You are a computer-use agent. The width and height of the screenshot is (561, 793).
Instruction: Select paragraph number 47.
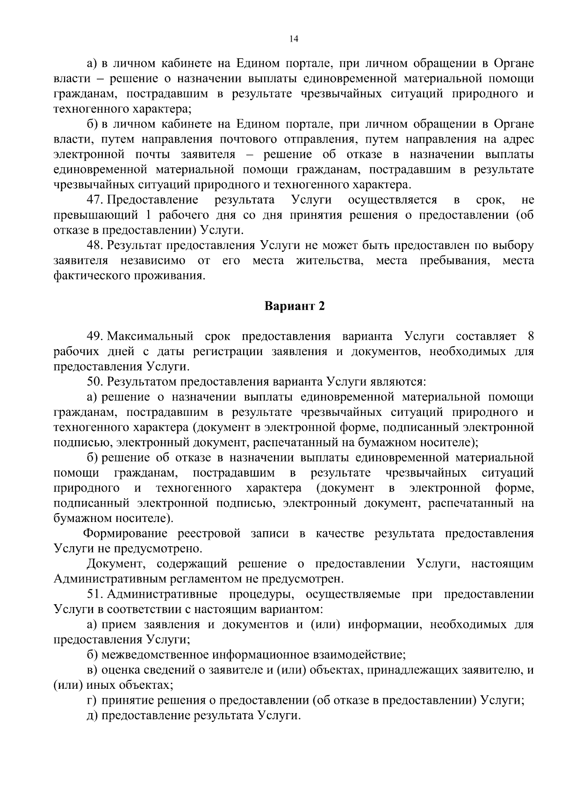[94, 200]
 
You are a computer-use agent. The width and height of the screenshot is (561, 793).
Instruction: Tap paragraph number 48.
[94, 245]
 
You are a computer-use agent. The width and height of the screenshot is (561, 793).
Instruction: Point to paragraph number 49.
[94, 336]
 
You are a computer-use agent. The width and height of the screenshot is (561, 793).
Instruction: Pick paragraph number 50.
[94, 382]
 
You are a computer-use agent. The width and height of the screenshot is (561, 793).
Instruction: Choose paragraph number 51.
[94, 594]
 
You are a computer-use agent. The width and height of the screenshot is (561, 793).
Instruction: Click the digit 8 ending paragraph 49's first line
[530, 336]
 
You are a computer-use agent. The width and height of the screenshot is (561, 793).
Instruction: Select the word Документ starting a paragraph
[115, 564]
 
